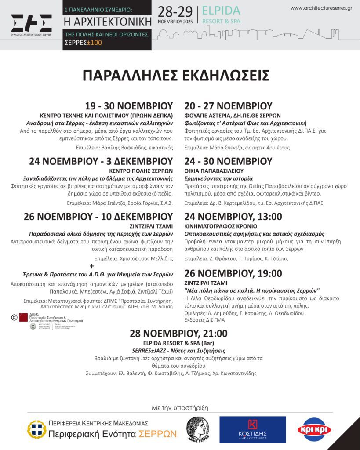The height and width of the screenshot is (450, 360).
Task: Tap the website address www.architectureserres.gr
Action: click(x=321, y=8)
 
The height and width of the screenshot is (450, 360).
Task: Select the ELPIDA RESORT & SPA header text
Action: click(x=221, y=15)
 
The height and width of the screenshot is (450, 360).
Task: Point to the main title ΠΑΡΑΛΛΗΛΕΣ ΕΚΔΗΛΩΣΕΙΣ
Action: click(x=176, y=76)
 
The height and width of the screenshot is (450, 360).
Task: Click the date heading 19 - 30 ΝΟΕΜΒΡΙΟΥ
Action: click(x=129, y=106)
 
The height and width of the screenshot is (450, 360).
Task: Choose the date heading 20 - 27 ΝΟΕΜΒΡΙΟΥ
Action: click(x=228, y=106)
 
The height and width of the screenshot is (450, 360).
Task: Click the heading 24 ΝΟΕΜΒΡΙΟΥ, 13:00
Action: click(x=233, y=216)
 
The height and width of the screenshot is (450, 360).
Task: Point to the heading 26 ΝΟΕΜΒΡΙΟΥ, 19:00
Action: click(x=233, y=273)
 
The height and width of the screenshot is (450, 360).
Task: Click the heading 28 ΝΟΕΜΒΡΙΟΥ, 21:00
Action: click(x=178, y=334)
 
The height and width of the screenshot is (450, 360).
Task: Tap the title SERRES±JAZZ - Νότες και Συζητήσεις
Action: click(x=178, y=351)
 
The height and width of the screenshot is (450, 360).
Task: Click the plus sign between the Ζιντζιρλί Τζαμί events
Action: click(x=92, y=266)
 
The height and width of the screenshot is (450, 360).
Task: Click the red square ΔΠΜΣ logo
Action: click(x=23, y=317)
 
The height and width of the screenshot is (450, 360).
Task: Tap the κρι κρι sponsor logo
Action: click(x=314, y=429)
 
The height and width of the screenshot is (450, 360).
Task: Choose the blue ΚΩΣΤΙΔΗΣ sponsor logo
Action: click(x=252, y=429)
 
